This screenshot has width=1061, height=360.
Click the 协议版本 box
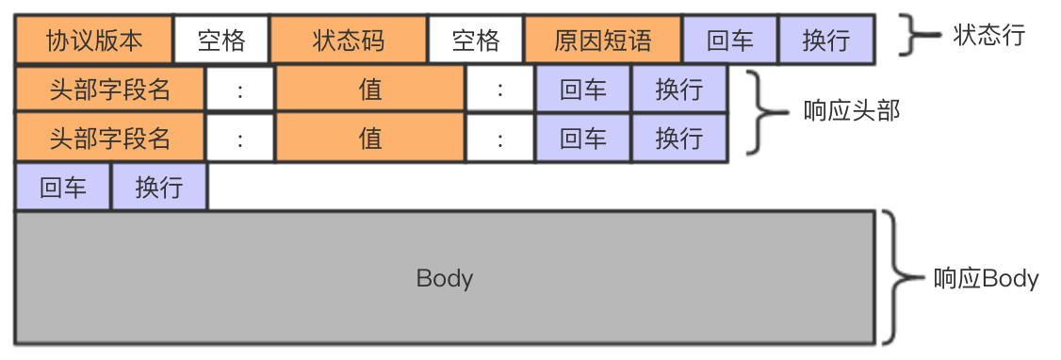(x=94, y=41)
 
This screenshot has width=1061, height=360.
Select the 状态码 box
(x=349, y=41)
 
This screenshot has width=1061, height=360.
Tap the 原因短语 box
(x=603, y=41)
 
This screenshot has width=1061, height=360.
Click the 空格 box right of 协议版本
(x=221, y=41)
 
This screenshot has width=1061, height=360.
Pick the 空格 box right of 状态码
(x=476, y=41)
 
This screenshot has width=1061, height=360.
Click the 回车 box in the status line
(x=730, y=41)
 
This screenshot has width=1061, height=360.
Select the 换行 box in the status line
(x=826, y=41)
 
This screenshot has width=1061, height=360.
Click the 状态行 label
(x=988, y=37)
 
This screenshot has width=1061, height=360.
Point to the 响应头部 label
(x=852, y=111)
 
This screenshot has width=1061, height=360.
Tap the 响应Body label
(x=986, y=279)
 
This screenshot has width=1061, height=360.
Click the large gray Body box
(x=445, y=278)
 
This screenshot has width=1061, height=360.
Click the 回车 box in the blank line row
(x=63, y=187)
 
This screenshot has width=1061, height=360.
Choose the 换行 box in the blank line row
(x=159, y=187)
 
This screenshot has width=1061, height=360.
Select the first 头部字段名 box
(x=110, y=90)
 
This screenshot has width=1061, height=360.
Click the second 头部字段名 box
(x=110, y=139)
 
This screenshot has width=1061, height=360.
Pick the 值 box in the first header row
(x=370, y=90)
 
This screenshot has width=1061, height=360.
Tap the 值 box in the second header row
(x=370, y=139)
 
